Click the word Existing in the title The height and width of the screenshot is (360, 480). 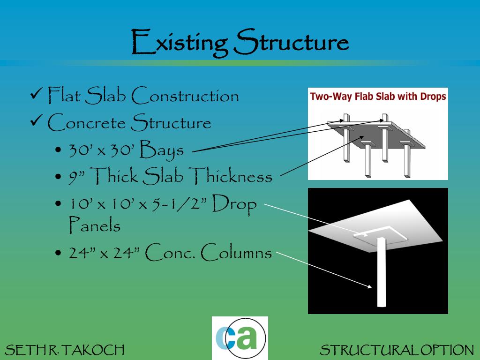point(178,43)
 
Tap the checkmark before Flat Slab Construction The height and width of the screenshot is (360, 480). point(36,95)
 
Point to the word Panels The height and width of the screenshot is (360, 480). point(95,226)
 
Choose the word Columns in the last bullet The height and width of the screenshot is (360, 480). point(239,253)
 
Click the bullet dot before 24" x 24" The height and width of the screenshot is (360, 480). point(58,254)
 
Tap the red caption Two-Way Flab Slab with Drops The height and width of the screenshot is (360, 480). point(378,97)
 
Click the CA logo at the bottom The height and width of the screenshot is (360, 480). point(240,338)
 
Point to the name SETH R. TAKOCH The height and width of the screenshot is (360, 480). point(64,350)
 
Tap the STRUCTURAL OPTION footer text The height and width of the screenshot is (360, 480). point(397,350)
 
